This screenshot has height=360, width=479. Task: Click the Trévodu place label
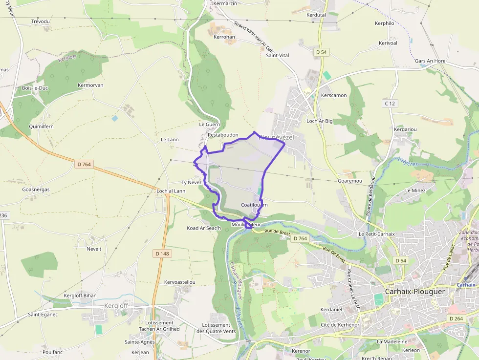pos(41,21)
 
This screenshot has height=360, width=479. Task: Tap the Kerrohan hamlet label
pos(224,37)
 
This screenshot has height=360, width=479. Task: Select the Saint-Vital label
pos(277,55)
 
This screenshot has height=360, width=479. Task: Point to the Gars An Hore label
pos(430,61)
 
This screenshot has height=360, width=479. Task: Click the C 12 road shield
pos(390,103)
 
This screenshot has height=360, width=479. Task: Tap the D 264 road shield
pos(455,318)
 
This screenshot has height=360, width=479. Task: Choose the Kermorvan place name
pos(90,85)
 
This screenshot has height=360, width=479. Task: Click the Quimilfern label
pos(41,126)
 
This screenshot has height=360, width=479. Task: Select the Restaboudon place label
pos(223,134)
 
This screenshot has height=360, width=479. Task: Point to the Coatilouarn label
pos(254,205)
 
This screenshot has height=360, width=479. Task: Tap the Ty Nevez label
pos(192,182)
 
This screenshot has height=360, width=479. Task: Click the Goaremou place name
pos(349,180)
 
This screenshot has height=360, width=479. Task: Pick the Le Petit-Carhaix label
pos(376,234)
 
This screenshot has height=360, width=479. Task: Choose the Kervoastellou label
pos(180,282)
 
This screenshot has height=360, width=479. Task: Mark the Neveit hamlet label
pos(94,249)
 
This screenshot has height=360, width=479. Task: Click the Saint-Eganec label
pos(43,315)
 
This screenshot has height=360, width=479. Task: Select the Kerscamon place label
pos(334,95)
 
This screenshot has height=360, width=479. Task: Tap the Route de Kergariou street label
pos(370,196)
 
